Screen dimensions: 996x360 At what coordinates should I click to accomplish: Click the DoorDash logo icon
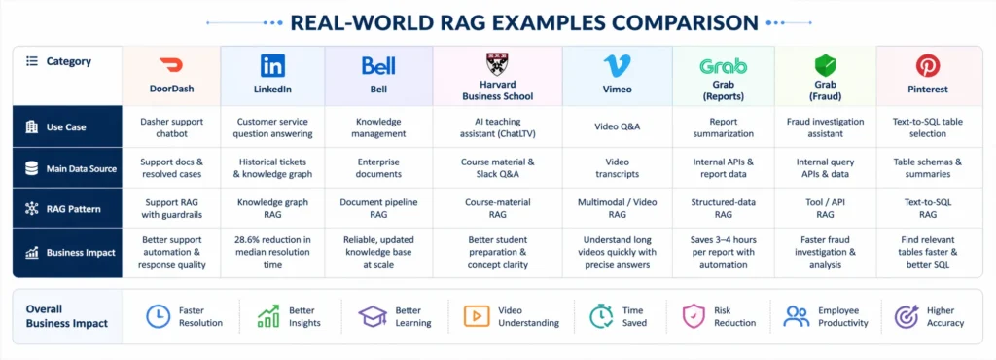click(171, 65)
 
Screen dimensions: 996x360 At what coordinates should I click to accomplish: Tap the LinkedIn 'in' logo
click(272, 65)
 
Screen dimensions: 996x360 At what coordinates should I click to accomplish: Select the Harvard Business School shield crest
click(497, 64)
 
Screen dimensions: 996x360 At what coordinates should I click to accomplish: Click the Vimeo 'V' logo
click(617, 66)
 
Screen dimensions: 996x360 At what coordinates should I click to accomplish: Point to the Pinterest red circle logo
click(928, 65)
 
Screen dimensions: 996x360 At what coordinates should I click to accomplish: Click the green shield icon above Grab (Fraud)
click(825, 65)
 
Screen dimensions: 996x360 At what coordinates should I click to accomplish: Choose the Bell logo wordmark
click(378, 65)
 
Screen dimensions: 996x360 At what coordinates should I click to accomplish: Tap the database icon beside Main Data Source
click(32, 169)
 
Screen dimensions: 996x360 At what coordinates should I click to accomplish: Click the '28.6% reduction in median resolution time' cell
click(272, 252)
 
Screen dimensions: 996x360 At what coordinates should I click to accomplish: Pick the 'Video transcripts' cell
click(617, 168)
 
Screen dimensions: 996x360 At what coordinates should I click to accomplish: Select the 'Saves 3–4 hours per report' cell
click(723, 252)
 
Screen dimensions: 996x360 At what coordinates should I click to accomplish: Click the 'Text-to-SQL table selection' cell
click(928, 127)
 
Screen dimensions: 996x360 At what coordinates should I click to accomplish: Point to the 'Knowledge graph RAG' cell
click(272, 209)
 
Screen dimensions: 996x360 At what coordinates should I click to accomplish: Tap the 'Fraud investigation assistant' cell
click(825, 127)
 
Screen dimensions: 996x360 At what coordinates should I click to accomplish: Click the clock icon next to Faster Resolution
click(159, 316)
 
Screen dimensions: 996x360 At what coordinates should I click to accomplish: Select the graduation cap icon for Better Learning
click(373, 316)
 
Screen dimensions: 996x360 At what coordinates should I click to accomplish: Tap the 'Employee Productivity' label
click(843, 317)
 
